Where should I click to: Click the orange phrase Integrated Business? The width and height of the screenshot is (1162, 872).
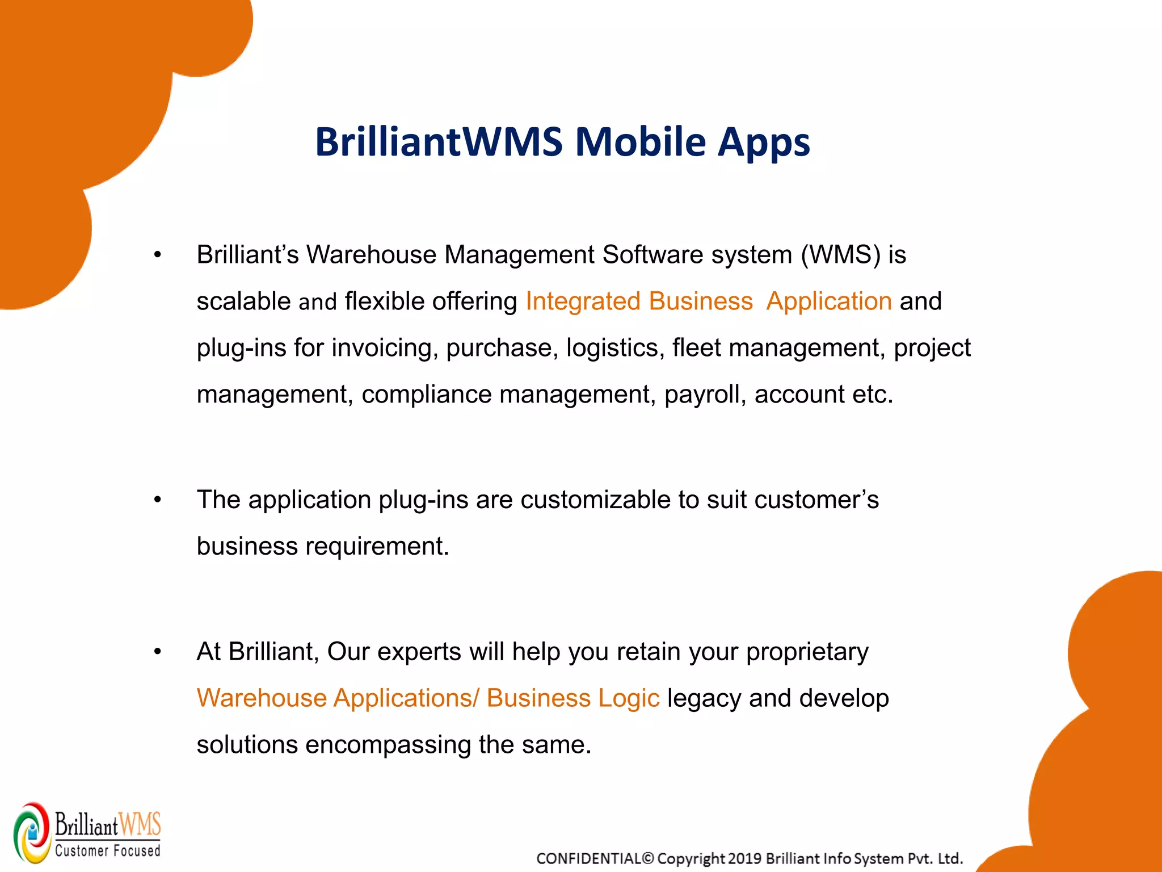pyautogui.click(x=639, y=301)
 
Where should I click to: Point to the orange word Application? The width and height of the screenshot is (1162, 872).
pyautogui.click(x=828, y=301)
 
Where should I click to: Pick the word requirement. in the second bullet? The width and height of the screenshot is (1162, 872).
pyautogui.click(x=377, y=546)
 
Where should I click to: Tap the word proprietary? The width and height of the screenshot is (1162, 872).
pyautogui.click(x=807, y=652)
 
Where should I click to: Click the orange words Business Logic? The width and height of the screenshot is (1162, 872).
pyautogui.click(x=573, y=698)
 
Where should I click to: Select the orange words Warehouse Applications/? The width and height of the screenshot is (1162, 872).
pyautogui.click(x=338, y=698)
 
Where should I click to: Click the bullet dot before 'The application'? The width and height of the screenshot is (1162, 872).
pyautogui.click(x=158, y=500)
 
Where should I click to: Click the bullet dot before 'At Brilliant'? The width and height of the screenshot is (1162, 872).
pyautogui.click(x=158, y=652)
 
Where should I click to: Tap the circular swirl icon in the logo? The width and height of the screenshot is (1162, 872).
pyautogui.click(x=32, y=833)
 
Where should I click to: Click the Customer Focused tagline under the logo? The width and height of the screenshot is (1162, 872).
pyautogui.click(x=108, y=850)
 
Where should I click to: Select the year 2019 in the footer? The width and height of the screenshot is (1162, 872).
pyautogui.click(x=744, y=858)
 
